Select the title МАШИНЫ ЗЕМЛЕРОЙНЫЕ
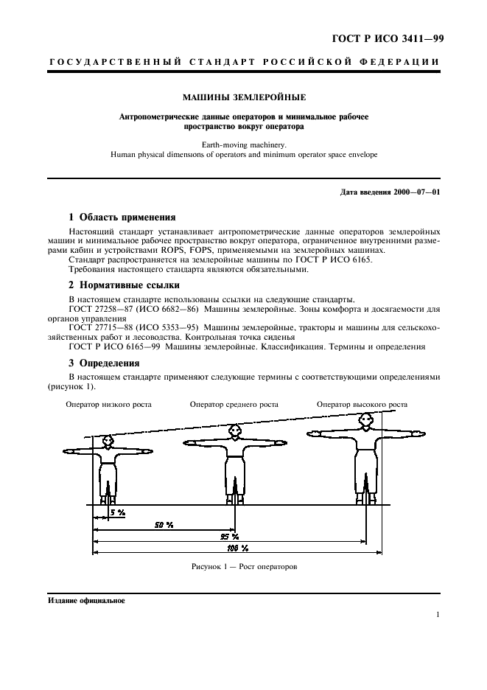click(243, 97)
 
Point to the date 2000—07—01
click(416, 192)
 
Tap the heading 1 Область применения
click(122, 217)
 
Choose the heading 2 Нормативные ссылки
click(124, 285)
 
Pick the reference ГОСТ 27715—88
click(99, 327)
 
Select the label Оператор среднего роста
click(234, 404)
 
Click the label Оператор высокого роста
click(362, 404)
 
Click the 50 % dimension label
click(164, 524)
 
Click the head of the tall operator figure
click(365, 419)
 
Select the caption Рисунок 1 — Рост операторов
click(243, 567)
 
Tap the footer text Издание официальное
click(86, 601)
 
